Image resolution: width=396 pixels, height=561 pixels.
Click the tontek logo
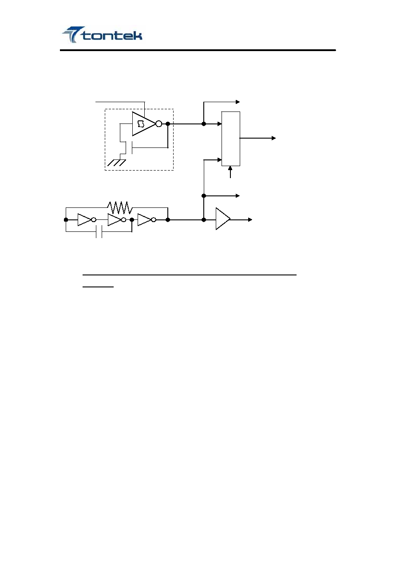(x=102, y=35)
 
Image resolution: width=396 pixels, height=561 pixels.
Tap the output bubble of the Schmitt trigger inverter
(x=158, y=124)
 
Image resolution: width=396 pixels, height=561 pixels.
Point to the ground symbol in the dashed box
(x=117, y=163)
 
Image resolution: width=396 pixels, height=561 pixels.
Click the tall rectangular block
(x=231, y=139)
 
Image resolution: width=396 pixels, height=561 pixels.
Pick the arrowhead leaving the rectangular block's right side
(x=274, y=138)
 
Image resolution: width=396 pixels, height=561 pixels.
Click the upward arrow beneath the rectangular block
(x=230, y=172)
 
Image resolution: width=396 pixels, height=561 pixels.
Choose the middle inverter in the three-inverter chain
(x=117, y=219)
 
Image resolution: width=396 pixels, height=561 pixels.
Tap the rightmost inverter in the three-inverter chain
(x=147, y=219)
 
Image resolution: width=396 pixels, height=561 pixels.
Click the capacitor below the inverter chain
(x=99, y=232)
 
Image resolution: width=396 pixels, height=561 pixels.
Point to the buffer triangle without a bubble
(x=223, y=219)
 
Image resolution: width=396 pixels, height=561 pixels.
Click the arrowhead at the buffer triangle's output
(x=250, y=219)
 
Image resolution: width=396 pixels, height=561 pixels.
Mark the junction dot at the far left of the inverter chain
(x=66, y=219)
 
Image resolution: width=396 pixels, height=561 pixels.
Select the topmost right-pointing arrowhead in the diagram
(x=238, y=102)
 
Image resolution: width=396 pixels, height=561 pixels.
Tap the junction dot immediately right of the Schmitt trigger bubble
(x=168, y=124)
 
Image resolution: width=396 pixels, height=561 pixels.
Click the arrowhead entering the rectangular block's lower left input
(x=219, y=160)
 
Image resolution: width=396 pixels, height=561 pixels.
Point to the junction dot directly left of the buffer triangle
(x=204, y=219)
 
